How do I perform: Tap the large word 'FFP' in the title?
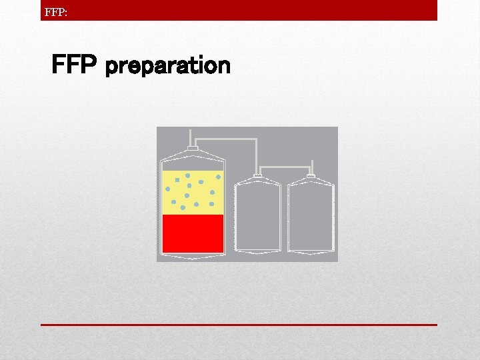75,65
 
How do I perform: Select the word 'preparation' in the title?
168,66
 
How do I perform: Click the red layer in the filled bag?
193,233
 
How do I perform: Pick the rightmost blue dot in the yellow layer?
218,177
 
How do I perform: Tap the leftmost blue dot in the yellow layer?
168,189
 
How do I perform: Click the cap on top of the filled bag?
193,148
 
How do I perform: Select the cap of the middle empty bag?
258,176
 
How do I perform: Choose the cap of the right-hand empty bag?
310,176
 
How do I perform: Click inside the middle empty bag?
258,217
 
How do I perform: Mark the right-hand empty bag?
310,217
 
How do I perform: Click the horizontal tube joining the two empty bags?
285,166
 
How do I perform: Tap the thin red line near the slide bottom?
239,325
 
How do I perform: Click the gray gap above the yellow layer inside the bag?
193,165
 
